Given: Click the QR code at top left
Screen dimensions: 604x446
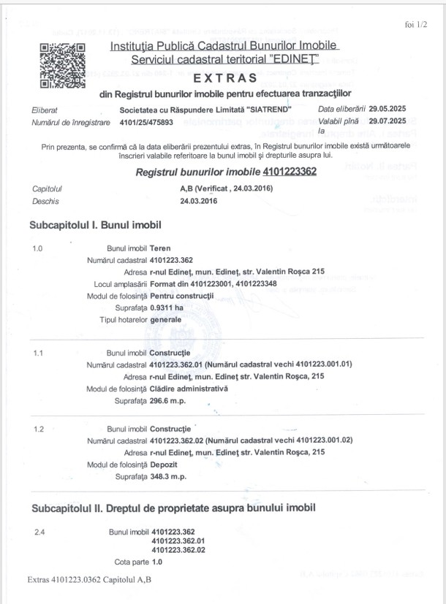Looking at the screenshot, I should tap(62, 66).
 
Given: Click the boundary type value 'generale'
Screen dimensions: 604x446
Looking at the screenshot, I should tap(165, 320).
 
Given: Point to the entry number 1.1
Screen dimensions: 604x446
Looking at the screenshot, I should tap(39, 353).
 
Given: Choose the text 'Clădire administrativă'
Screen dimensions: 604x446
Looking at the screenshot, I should tap(188, 389).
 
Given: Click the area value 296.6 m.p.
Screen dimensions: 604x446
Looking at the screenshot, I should tap(170, 400).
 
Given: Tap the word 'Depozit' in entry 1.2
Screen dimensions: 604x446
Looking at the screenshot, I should tap(165, 465).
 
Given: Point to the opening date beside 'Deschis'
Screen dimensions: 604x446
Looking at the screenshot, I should tap(179, 201).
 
